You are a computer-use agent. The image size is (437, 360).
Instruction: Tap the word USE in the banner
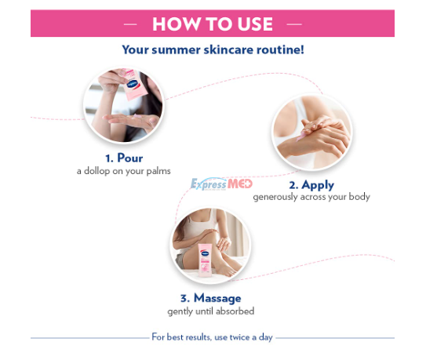[255, 24]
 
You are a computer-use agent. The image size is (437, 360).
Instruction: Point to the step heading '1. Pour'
[124, 158]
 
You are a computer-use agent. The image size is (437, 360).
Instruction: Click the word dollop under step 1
[97, 170]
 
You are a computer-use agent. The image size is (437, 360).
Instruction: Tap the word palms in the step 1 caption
[158, 171]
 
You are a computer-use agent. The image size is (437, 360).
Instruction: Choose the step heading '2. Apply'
[311, 185]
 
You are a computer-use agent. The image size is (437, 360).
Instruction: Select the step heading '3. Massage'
[211, 298]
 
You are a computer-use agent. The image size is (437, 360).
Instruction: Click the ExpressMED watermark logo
[221, 184]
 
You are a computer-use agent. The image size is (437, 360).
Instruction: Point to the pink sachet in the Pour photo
[133, 85]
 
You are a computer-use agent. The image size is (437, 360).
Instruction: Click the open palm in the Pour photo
[131, 121]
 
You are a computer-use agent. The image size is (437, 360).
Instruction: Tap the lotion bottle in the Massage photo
[205, 260]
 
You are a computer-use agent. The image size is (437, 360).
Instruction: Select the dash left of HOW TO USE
[130, 24]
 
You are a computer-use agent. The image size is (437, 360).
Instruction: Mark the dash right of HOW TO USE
[294, 24]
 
